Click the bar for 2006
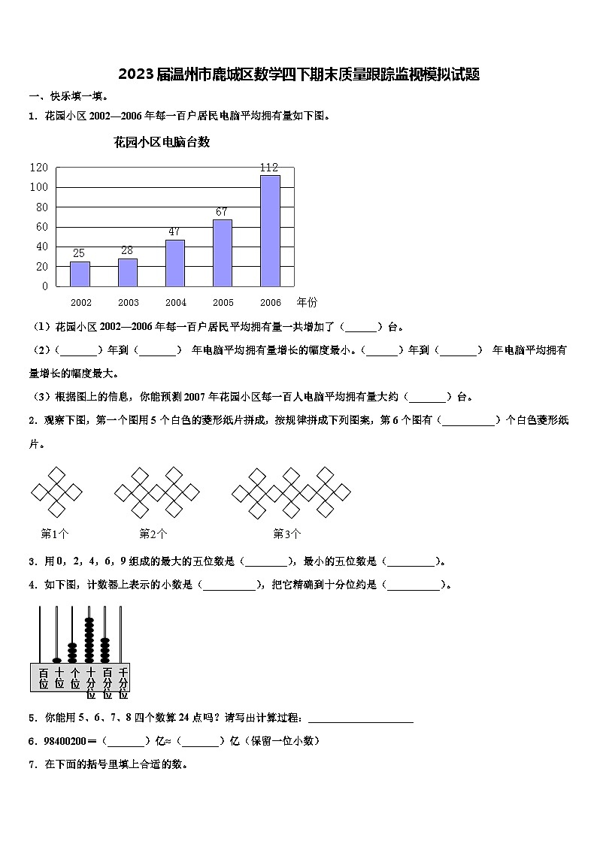point(270,230)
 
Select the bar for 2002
point(80,274)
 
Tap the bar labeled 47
point(175,262)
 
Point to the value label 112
point(269,168)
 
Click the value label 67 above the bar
point(222,212)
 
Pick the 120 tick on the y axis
point(39,167)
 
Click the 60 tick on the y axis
point(42,226)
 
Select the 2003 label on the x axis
point(129,303)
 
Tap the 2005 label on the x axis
point(223,303)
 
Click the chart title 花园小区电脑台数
point(162,142)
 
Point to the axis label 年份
point(307,302)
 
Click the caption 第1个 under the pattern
point(55,534)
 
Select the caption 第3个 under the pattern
point(287,534)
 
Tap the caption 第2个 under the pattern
point(153,534)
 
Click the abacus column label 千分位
point(123,678)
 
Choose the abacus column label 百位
point(44,678)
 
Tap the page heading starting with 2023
point(298,74)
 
